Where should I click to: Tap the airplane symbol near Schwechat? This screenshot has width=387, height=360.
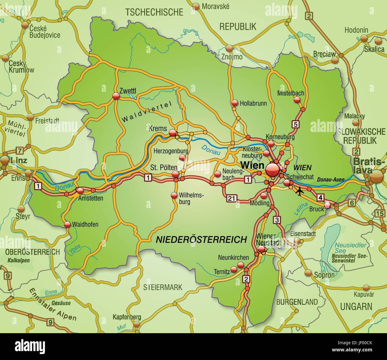point(299,191)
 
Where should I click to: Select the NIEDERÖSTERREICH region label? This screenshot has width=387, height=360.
point(202,239)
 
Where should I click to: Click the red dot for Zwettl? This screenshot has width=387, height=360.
point(116,96)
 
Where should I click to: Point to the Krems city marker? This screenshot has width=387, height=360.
point(172,133)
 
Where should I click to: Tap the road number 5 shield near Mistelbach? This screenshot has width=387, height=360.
point(295,124)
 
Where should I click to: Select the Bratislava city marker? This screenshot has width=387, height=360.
point(377,177)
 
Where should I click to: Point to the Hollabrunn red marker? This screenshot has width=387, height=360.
point(235,103)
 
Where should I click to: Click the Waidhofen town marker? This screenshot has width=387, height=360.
point(67,224)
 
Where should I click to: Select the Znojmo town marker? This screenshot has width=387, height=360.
point(229,48)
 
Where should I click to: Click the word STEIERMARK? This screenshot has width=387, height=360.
point(162,287)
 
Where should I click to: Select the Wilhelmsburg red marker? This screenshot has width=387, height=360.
point(174,195)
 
